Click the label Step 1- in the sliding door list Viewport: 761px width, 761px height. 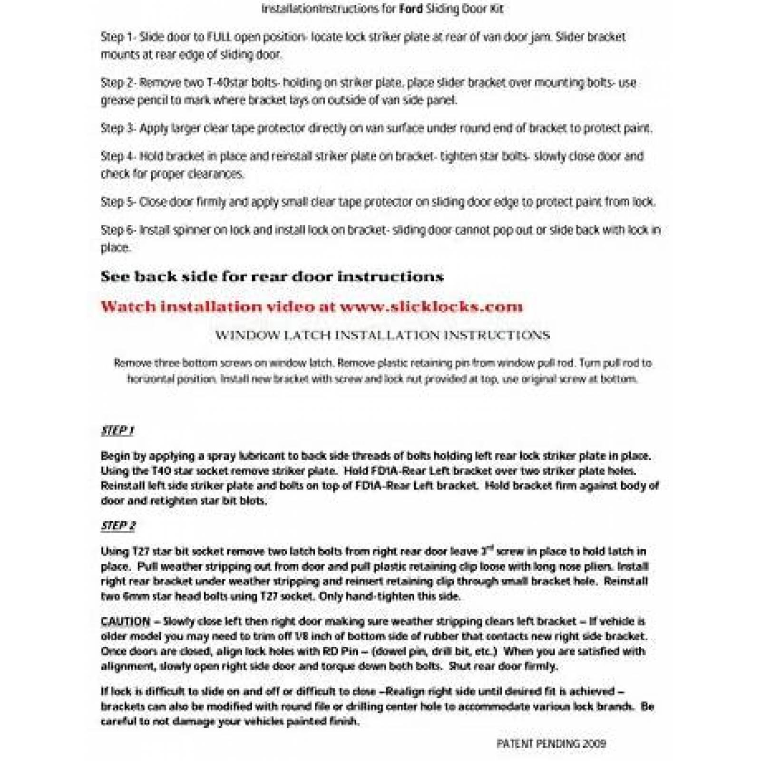118,37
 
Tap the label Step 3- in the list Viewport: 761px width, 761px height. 118,128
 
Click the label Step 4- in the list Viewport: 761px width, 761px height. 118,156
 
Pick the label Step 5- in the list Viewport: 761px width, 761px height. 118,202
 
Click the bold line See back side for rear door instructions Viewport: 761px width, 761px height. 272,277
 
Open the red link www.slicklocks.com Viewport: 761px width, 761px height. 430,306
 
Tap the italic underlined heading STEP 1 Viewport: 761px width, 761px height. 117,431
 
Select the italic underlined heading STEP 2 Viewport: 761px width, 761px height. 118,526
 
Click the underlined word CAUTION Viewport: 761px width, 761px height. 125,622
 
